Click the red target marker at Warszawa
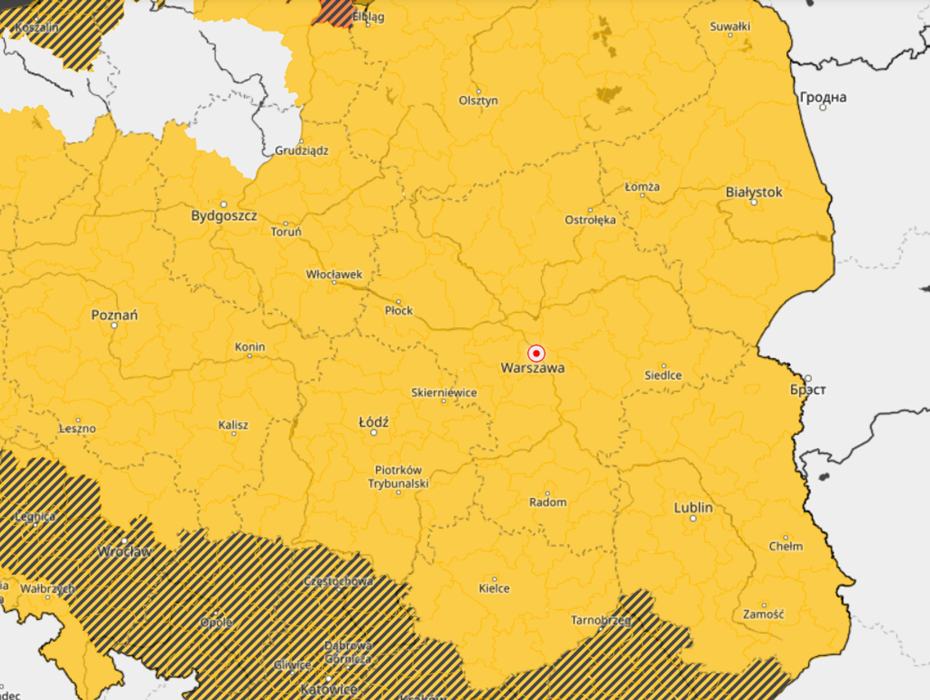(536, 353)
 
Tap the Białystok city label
(754, 192)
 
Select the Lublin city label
(693, 507)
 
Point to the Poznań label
(114, 315)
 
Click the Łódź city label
(373, 422)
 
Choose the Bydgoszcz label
(224, 216)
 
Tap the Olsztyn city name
(478, 101)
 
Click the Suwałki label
(729, 27)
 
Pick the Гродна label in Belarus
(823, 97)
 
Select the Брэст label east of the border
(808, 390)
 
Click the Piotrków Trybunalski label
(398, 477)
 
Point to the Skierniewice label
(444, 393)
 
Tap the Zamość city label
(763, 615)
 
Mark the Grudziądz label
(301, 151)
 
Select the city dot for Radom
(548, 493)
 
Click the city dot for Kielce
(494, 580)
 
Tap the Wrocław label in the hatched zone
(125, 552)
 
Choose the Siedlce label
(663, 376)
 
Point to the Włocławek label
(334, 275)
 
